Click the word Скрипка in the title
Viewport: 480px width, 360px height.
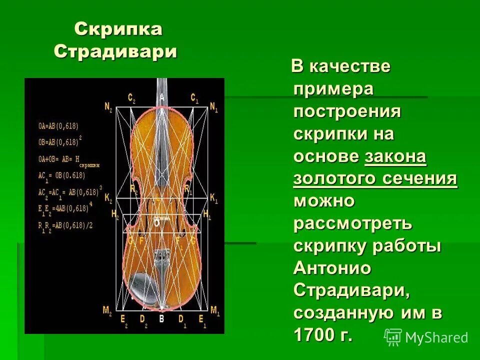coord(118,29)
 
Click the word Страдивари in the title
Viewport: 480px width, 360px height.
coord(115,51)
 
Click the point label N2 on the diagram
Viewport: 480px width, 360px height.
coord(108,106)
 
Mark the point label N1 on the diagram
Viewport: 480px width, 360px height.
coord(214,106)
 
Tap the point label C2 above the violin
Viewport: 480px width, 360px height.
coord(131,97)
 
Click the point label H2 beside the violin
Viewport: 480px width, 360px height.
coord(115,213)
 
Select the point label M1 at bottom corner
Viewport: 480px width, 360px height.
coord(215,310)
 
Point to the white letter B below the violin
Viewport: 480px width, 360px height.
coord(161,318)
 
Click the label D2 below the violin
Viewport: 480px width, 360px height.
coord(142,318)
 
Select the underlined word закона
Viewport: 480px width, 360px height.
coord(395,157)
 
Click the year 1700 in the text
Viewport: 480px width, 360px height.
coord(314,334)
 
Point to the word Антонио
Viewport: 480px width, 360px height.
coord(332,268)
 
